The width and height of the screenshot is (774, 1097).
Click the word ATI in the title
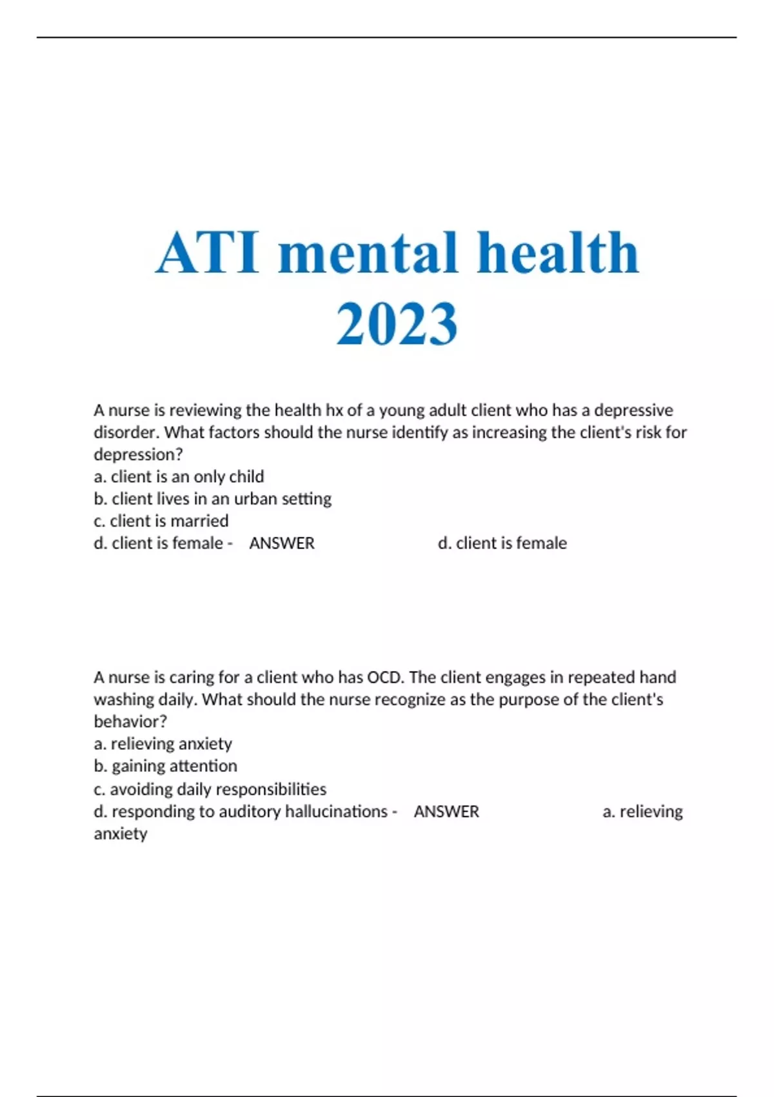pos(208,253)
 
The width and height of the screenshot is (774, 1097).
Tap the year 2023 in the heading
pos(397,324)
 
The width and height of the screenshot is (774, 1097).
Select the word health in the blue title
pos(557,253)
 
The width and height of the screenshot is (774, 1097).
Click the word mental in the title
pos(368,253)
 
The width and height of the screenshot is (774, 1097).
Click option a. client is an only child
pos(179,477)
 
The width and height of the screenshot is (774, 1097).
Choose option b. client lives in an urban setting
pos(212,499)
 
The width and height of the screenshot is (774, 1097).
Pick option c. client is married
pos(161,521)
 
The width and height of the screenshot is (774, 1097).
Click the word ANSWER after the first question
pos(282,543)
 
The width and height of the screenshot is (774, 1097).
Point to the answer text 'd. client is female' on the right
pos(502,543)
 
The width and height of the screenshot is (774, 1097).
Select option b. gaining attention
pos(165,766)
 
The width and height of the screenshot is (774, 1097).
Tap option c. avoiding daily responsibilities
pos(210,789)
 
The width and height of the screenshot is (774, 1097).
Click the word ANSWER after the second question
pos(446,812)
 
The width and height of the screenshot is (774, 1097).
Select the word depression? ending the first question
pos(138,454)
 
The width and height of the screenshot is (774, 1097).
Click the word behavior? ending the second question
pos(130,721)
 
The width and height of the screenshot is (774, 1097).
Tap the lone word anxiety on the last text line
pos(121,834)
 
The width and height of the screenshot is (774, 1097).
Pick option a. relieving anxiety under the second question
pos(163,744)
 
